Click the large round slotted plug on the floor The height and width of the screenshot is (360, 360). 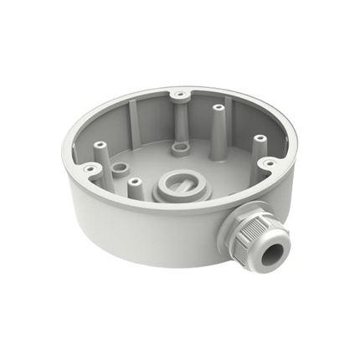pyautogui.click(x=189, y=185)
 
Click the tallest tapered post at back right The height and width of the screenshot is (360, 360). pyautogui.click(x=219, y=126)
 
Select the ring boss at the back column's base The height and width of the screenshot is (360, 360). pyautogui.click(x=179, y=150)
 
